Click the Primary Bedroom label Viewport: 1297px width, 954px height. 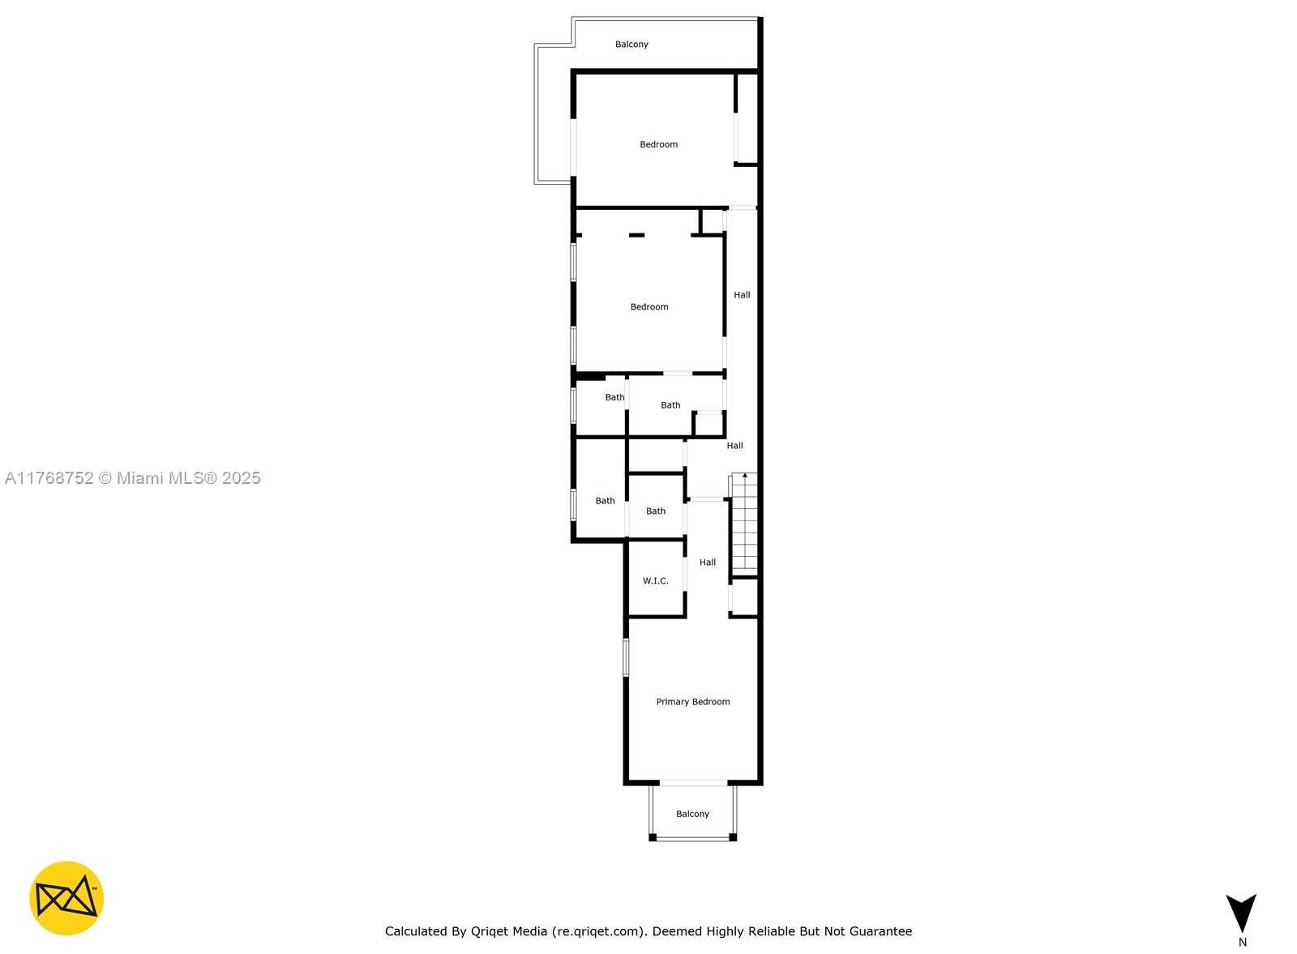coord(692,702)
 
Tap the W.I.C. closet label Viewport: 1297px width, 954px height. coord(656,580)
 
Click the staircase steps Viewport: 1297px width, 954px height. coord(744,524)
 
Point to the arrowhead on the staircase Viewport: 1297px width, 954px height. coord(745,475)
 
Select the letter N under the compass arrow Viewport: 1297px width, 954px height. coord(1242,942)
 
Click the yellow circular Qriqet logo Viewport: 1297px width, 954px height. coord(66,898)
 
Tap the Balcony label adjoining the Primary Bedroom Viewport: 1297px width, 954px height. coord(692,814)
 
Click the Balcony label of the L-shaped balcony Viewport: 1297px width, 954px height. coord(631,44)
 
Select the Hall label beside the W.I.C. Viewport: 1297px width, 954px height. coord(708,562)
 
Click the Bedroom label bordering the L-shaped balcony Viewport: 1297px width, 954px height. coord(658,144)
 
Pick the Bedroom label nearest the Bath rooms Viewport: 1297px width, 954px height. coord(649,307)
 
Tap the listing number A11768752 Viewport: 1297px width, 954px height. coord(49,477)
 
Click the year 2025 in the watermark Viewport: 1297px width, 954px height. coord(242,477)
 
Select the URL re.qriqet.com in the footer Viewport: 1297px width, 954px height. coord(599,931)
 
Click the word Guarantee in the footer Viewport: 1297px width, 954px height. coord(880,931)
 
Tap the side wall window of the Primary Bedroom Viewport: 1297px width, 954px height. coord(626,657)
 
